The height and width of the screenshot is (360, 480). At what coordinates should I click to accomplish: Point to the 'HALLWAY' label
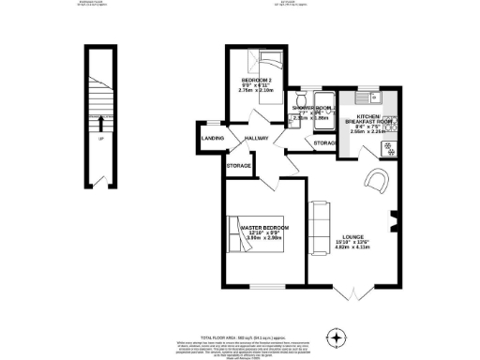point(256,139)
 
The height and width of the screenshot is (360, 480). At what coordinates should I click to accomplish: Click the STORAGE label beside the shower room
point(325,142)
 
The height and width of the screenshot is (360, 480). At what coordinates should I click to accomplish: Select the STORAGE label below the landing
point(238,166)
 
